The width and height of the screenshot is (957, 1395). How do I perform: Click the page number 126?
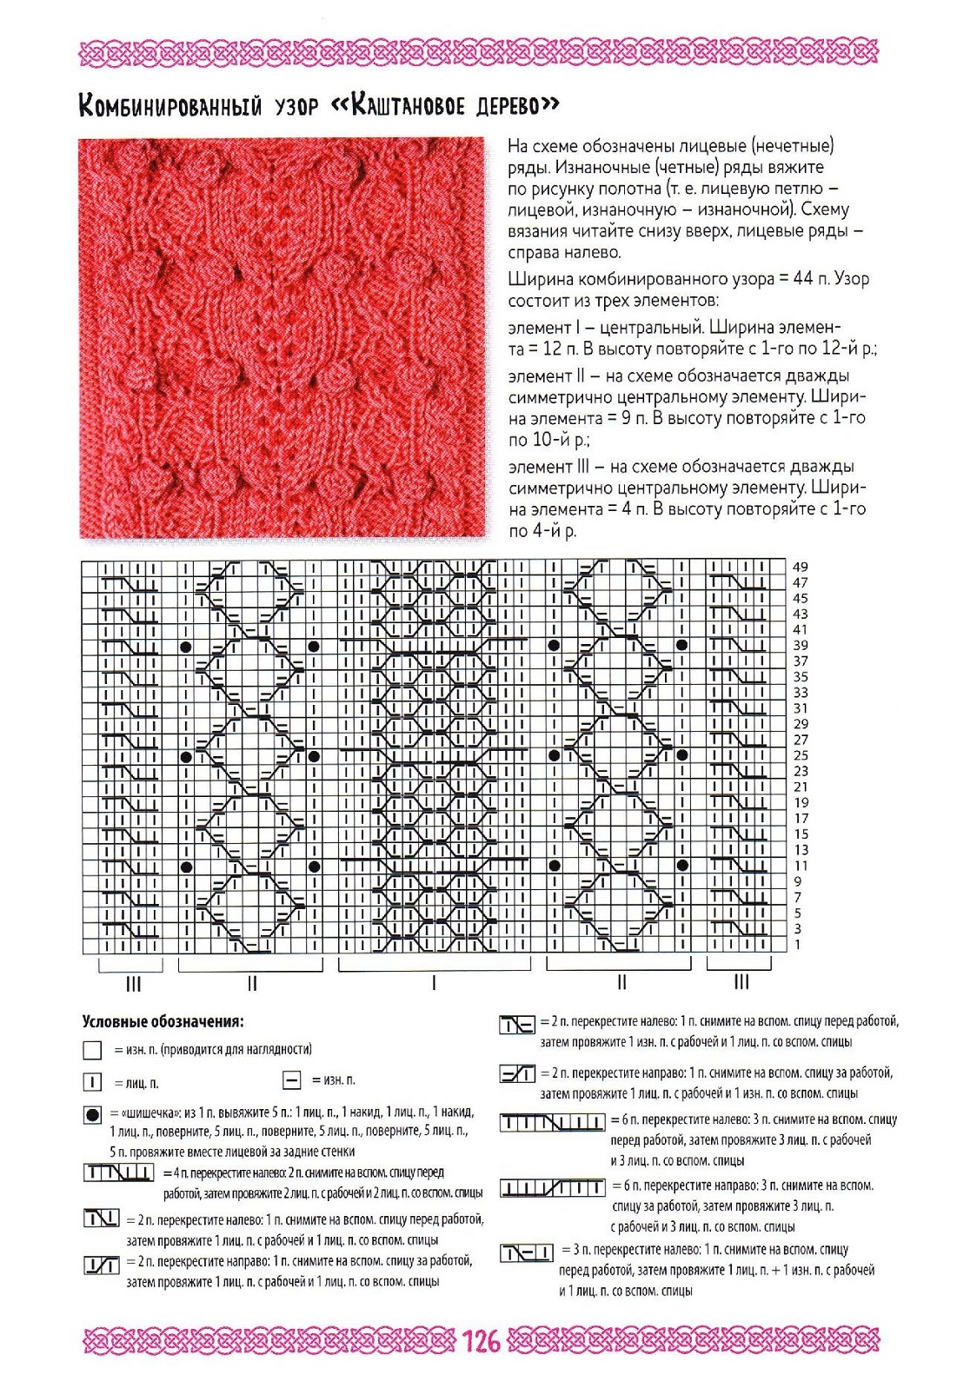click(481, 1341)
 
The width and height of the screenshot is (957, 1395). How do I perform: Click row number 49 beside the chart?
click(801, 567)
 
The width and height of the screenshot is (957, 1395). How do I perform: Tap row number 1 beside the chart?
click(797, 945)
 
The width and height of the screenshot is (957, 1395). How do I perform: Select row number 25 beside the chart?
click(801, 755)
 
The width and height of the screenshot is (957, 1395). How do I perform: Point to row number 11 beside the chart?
click(801, 866)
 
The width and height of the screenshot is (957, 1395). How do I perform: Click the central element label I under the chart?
click(434, 983)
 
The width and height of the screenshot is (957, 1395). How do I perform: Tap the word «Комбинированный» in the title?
click(170, 106)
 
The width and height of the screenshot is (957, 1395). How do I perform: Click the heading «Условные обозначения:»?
click(163, 1021)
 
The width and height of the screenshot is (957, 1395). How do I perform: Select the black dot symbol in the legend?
click(92, 1114)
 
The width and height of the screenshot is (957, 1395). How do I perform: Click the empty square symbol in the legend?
click(92, 1051)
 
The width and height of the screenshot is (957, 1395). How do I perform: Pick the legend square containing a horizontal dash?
click(292, 1080)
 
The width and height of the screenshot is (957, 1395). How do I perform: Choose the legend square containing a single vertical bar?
click(92, 1083)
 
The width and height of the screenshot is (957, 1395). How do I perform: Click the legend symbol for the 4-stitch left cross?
click(119, 1173)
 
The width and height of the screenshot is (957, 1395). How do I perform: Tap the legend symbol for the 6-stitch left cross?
click(552, 1123)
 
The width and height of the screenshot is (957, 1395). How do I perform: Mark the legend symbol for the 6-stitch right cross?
click(552, 1187)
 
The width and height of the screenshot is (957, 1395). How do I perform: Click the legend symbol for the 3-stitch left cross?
click(527, 1252)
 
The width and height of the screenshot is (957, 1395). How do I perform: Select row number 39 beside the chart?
click(801, 645)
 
